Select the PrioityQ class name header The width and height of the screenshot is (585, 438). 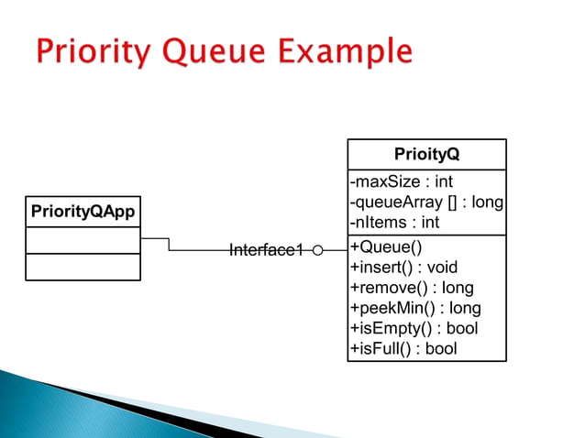coord(426,154)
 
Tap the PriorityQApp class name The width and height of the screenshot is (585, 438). coord(83,212)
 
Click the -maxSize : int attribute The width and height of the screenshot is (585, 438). coord(402,181)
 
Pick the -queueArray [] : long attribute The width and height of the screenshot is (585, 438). coord(426,202)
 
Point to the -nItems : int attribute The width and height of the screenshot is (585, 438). coord(395,222)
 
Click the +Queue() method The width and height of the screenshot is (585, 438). coord(386,247)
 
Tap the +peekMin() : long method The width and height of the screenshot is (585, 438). coord(415,308)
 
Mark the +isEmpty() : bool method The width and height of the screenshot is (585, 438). coord(414,328)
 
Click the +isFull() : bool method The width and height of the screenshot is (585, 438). coord(403,348)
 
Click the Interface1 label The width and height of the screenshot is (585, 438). coord(265,250)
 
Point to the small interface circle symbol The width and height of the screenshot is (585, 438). coord(317,250)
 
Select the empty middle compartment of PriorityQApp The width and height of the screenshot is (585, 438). coord(83,240)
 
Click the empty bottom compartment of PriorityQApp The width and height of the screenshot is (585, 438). coord(83,267)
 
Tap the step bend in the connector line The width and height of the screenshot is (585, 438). coord(169,245)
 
